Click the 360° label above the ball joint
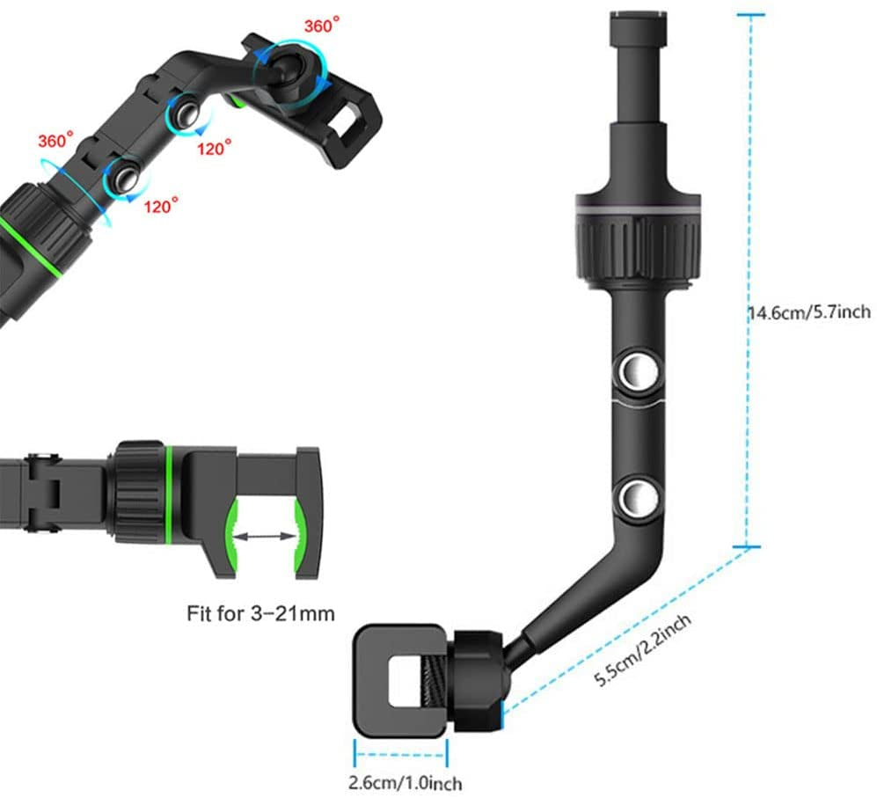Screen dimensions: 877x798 pos(322,25)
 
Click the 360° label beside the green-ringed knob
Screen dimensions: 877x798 pos(55,140)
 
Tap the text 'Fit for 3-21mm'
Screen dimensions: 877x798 pos(260,613)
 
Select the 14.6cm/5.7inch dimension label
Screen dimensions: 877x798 pos(809,311)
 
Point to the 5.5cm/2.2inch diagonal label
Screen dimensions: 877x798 pos(642,649)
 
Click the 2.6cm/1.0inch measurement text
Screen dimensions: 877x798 pos(405,782)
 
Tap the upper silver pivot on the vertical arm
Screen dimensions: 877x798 pos(637,370)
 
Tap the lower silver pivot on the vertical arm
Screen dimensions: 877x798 pos(637,497)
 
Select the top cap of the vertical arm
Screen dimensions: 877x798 pos(638,29)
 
